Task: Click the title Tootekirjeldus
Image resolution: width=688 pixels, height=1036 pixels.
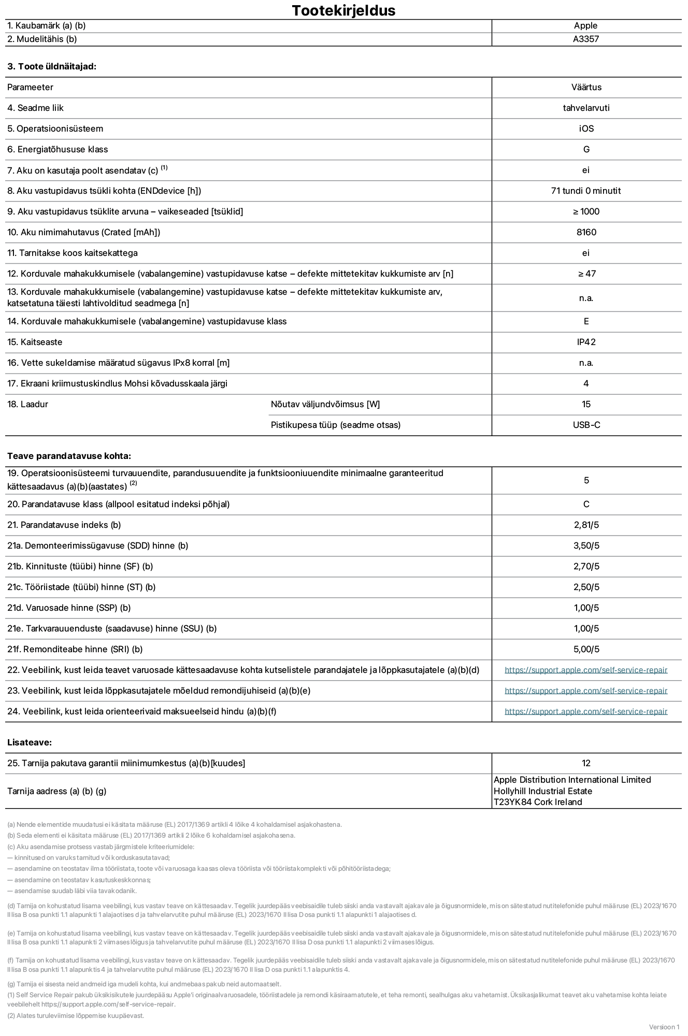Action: point(343,10)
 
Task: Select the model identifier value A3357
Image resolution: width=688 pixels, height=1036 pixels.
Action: point(586,39)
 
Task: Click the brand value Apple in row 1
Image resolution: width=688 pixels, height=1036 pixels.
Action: point(585,25)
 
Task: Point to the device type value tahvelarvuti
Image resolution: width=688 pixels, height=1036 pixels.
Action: point(586,108)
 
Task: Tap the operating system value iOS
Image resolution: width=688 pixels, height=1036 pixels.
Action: point(586,128)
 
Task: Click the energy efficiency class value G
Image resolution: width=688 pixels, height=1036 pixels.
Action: point(586,149)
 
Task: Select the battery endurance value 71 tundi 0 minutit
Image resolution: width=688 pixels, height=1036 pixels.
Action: point(586,191)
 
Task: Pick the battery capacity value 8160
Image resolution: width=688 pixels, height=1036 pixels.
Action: point(586,232)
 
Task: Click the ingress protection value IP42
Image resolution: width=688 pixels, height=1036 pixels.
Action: point(586,342)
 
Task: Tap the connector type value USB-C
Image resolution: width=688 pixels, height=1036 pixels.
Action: point(586,425)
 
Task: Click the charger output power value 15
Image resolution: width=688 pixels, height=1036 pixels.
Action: point(586,404)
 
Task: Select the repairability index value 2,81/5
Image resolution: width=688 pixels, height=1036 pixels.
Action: point(586,525)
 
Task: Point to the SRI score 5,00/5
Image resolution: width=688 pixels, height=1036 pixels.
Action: point(586,649)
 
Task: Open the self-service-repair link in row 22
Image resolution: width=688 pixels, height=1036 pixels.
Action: point(586,670)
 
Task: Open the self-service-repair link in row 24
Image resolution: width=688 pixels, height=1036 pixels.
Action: point(586,711)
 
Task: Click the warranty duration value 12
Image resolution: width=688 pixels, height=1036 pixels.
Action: point(586,763)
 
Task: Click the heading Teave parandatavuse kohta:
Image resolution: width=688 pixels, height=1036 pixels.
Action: point(69,456)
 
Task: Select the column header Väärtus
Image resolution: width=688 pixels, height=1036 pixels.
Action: point(586,87)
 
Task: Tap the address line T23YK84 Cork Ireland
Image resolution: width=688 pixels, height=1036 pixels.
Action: point(538,802)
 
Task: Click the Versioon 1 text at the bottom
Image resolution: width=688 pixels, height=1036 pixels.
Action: point(664,1027)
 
